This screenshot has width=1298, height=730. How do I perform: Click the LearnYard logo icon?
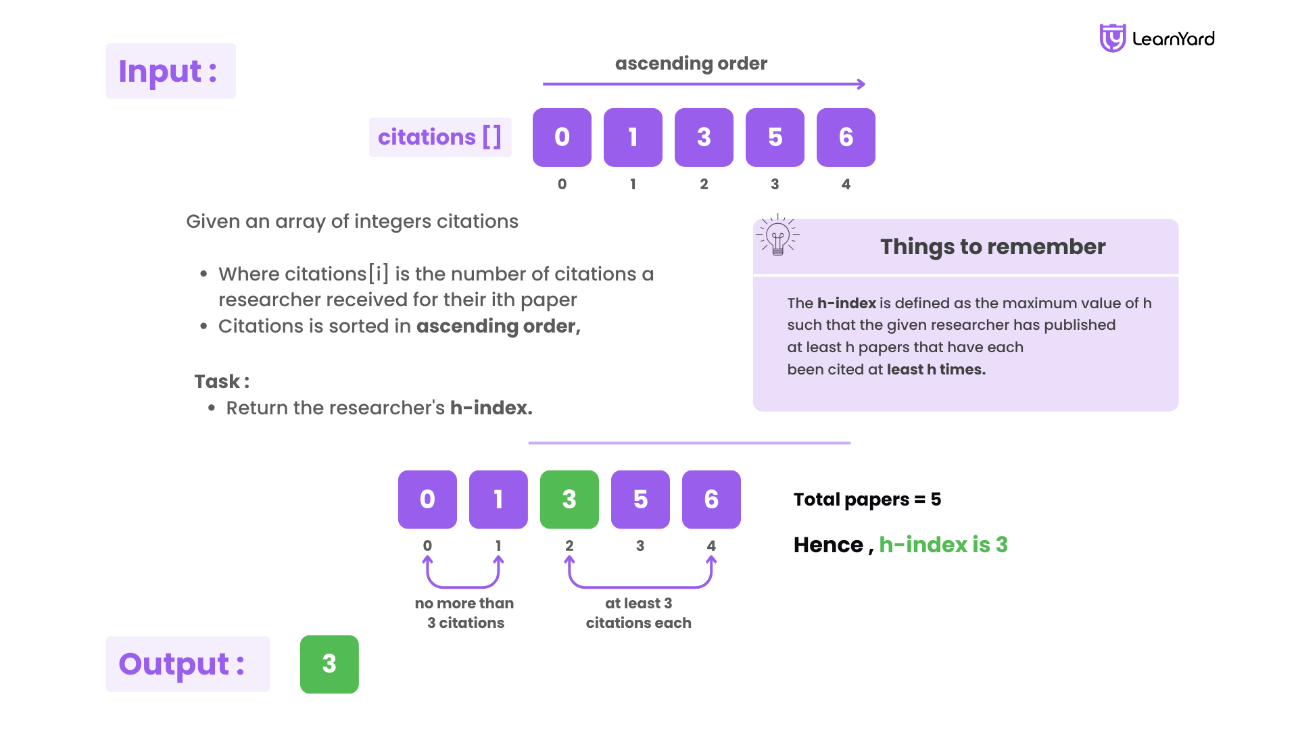[x=1112, y=38]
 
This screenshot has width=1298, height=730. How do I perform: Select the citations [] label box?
[x=440, y=137]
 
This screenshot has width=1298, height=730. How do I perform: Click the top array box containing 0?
[x=562, y=137]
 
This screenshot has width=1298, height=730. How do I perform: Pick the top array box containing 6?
[x=846, y=137]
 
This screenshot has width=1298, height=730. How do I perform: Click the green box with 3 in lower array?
[x=569, y=500]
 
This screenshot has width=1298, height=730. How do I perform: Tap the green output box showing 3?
[x=329, y=664]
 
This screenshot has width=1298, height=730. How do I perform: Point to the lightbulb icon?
[x=777, y=236]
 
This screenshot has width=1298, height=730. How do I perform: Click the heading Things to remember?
[x=992, y=247]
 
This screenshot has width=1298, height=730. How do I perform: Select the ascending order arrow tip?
[x=862, y=84]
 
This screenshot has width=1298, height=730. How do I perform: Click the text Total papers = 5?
[x=867, y=500]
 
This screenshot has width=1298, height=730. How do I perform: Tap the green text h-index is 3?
[x=943, y=545]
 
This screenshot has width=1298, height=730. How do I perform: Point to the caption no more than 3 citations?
[x=465, y=613]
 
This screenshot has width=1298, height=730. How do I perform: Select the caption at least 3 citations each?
[x=638, y=613]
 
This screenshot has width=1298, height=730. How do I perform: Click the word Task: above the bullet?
[x=222, y=382]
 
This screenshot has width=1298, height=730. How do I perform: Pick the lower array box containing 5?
[x=640, y=500]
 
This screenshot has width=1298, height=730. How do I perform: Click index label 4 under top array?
[x=846, y=184]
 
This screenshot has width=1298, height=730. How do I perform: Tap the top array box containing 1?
[x=633, y=137]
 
